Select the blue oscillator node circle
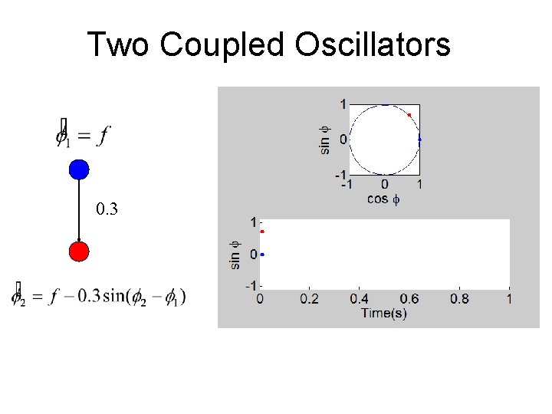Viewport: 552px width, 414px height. pyautogui.click(x=79, y=169)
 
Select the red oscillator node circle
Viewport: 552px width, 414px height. pyautogui.click(x=79, y=251)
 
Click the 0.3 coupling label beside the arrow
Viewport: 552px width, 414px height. pyautogui.click(x=107, y=209)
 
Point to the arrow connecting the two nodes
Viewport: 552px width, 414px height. pyautogui.click(x=79, y=211)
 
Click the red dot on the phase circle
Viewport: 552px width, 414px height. pyautogui.click(x=409, y=115)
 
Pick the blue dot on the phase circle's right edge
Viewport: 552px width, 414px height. pyautogui.click(x=419, y=140)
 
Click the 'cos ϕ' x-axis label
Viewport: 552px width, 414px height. pyautogui.click(x=383, y=199)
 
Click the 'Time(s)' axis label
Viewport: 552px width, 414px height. pyautogui.click(x=385, y=313)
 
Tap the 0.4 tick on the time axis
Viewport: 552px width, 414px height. pyautogui.click(x=360, y=298)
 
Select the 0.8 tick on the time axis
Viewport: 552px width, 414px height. pyautogui.click(x=459, y=298)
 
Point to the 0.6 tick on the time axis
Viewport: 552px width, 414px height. pyautogui.click(x=409, y=298)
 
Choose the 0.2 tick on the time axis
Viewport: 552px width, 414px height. pyautogui.click(x=310, y=298)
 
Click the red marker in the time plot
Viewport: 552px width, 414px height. pyautogui.click(x=262, y=232)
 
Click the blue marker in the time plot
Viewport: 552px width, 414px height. pyautogui.click(x=262, y=254)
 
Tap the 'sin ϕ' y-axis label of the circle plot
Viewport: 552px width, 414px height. pyautogui.click(x=325, y=138)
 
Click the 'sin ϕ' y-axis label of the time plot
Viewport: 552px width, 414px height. pyautogui.click(x=236, y=255)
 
